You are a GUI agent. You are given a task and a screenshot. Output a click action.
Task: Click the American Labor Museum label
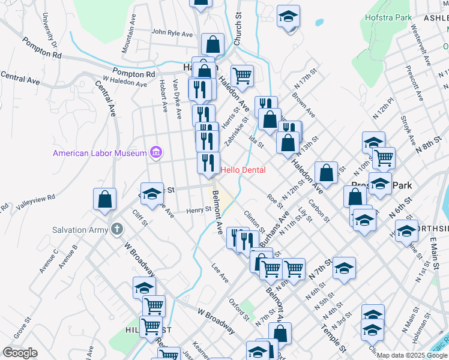pos(100,153)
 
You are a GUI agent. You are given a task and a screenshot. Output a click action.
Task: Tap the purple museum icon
pos(156,152)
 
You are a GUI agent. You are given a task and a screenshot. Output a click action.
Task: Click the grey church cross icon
pos(116,229)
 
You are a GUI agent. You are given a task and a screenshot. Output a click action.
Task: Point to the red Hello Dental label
pos(243,170)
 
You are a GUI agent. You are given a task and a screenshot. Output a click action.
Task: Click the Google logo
pos(20,352)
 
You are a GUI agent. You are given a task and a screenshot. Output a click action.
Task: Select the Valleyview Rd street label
pos(35,201)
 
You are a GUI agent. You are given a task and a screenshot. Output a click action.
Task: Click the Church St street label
pos(237,29)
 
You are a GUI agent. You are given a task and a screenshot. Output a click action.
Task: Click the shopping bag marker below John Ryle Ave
pos(212,44)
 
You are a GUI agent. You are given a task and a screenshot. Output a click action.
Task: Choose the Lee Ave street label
pos(220,274)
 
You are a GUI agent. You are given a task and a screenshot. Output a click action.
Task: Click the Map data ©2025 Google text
pos(411,355)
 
